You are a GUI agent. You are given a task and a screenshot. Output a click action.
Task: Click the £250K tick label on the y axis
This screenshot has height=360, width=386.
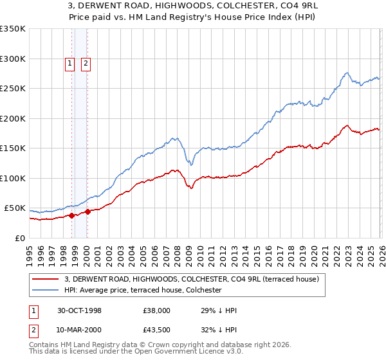13,88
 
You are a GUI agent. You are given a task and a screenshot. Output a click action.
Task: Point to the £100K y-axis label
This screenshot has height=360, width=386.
13,178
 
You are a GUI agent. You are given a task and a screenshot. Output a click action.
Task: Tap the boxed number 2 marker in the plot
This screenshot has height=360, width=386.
86,63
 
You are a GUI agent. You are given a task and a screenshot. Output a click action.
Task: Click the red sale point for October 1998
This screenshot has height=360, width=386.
72,215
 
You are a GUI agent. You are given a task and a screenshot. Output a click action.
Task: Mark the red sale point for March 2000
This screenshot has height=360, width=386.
87,212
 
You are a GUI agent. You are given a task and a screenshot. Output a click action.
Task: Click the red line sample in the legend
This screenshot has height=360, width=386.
46,280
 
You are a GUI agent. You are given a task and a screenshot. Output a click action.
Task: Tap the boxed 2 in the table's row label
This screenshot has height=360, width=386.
33,330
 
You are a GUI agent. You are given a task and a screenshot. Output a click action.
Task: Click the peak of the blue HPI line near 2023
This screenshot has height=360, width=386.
346,73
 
